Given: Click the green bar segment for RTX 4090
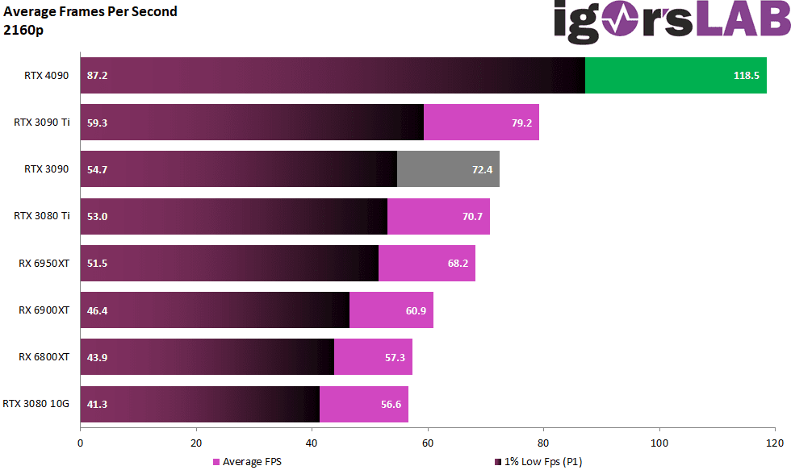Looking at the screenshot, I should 676,75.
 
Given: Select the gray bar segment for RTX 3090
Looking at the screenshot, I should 448,169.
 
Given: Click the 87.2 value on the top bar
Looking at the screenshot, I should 97,76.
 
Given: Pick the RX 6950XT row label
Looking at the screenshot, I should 44,263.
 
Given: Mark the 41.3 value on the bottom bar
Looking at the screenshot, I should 97,404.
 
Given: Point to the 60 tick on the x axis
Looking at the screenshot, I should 428,443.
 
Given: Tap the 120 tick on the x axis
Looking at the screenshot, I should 775,443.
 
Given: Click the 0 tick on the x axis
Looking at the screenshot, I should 81,443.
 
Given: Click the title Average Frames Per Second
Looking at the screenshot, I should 90,11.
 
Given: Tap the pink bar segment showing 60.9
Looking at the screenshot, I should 391,310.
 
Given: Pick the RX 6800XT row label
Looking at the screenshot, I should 44,357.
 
